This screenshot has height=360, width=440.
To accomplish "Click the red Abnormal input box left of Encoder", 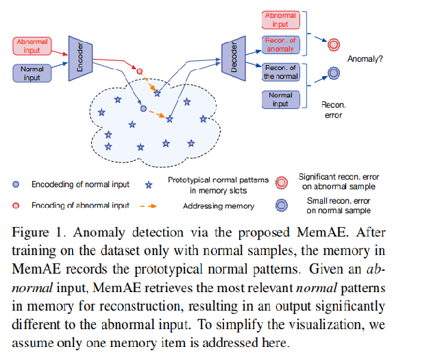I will (x=32, y=46).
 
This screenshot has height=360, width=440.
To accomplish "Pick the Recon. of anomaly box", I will (x=280, y=45).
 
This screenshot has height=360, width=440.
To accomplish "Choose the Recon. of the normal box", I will (x=280, y=72).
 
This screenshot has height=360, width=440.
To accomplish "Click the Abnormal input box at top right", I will (x=280, y=19).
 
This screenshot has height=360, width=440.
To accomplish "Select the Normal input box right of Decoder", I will (x=280, y=99).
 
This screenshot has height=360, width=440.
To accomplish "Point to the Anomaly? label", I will (x=365, y=59).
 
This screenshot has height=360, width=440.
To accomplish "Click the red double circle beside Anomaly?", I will (x=334, y=45).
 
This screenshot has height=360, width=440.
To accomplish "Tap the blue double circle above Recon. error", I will (x=334, y=73).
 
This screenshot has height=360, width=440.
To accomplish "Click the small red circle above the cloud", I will (x=140, y=71).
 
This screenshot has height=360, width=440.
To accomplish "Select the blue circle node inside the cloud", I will (x=143, y=108).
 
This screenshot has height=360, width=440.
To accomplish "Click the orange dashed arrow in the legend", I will (x=147, y=205).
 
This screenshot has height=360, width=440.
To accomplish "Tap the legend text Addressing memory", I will (x=219, y=206).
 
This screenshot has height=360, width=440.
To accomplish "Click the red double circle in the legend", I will (x=281, y=182).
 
